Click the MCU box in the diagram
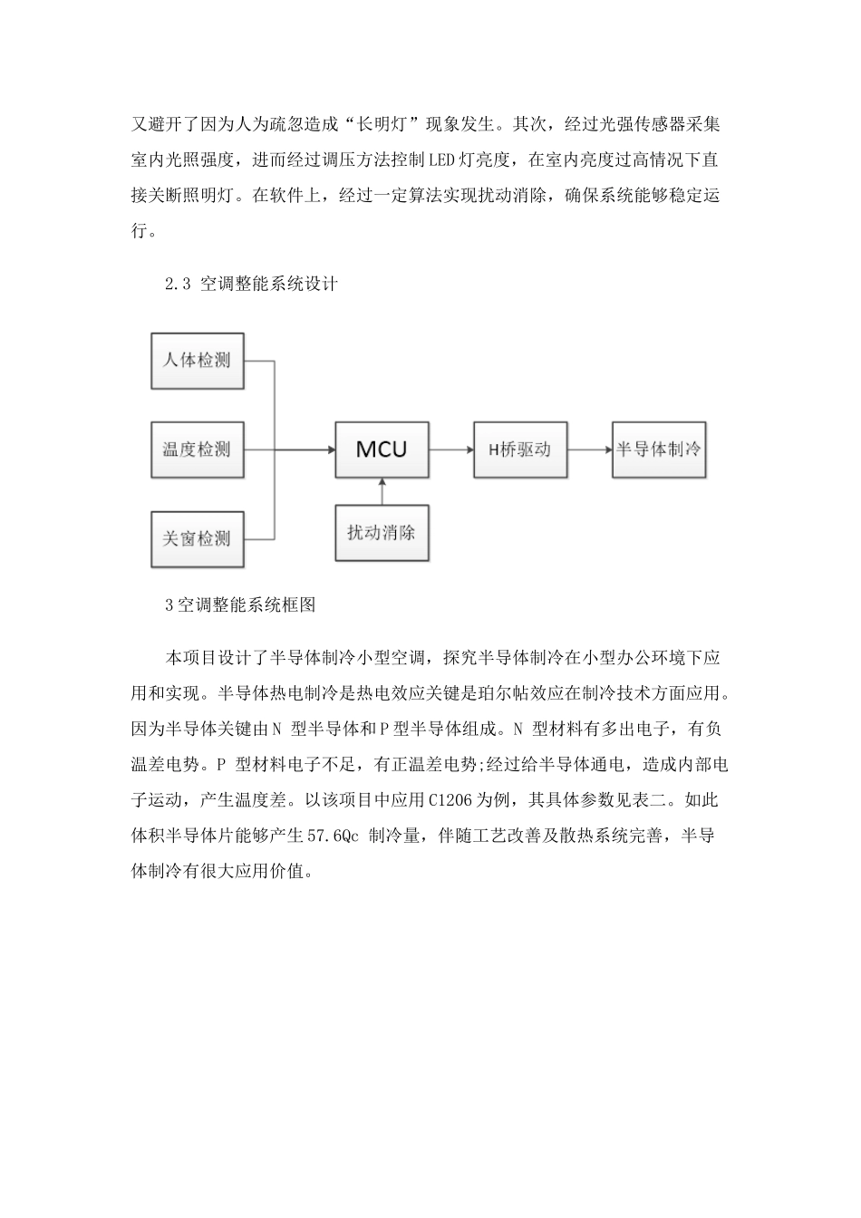coord(382,449)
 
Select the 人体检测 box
coord(197,361)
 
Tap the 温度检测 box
coord(197,449)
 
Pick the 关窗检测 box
coord(197,539)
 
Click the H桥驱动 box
coord(520,449)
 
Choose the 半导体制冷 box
coord(659,449)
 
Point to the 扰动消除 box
coord(382,532)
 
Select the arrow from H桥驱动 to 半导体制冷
coord(590,449)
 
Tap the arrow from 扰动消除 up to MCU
coord(382,491)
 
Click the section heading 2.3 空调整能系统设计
coord(251,285)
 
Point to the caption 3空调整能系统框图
coord(240,605)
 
